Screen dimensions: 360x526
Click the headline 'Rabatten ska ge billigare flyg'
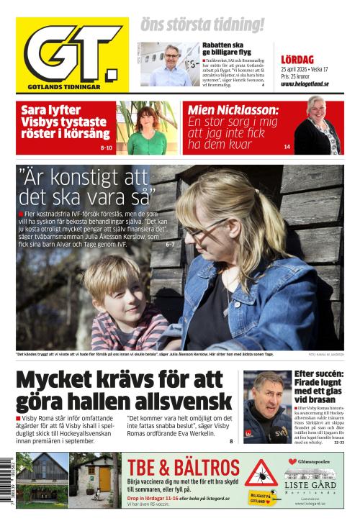coord(227,48)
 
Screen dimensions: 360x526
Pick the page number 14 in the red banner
coord(287,147)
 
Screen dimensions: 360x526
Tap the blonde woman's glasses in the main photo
coord(194,232)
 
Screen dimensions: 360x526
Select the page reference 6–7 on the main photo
coord(170,245)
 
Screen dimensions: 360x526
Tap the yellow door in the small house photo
coord(105,478)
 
